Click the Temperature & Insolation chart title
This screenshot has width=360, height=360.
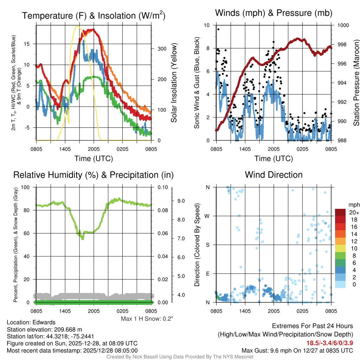[94, 15]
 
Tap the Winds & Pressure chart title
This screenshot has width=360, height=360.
[274, 13]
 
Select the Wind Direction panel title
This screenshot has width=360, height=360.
[274, 175]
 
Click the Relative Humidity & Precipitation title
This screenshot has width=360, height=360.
[94, 175]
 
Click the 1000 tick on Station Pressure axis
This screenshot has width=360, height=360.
[343, 25]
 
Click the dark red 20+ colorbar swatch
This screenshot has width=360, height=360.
[341, 213]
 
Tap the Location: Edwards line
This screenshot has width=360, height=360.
[31, 322]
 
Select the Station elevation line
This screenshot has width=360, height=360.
[44, 329]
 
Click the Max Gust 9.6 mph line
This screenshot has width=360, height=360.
[297, 351]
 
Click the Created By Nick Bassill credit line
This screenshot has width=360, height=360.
[180, 357]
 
